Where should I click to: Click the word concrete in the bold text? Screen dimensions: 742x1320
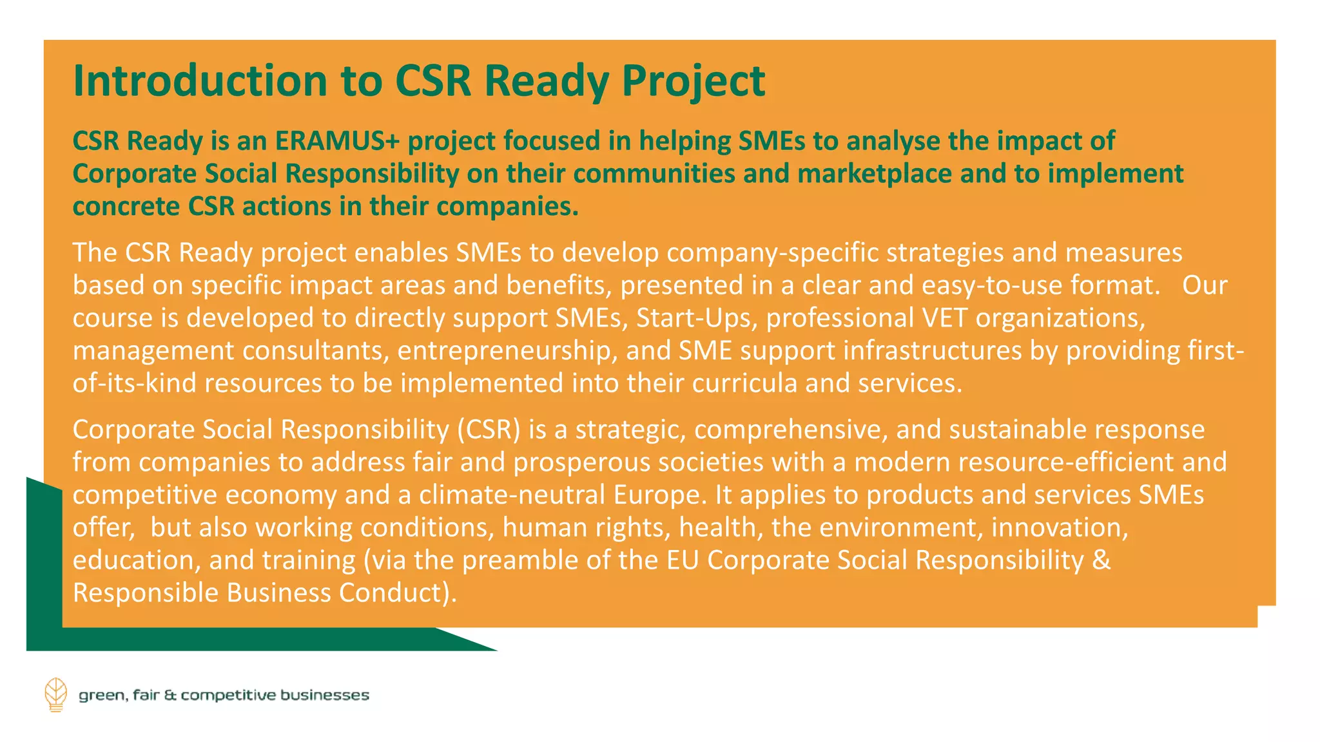(126, 207)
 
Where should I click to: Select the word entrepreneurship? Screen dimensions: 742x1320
(504, 351)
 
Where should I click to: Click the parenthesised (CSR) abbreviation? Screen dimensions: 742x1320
(489, 430)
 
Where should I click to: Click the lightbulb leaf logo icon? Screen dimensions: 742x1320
(56, 694)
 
